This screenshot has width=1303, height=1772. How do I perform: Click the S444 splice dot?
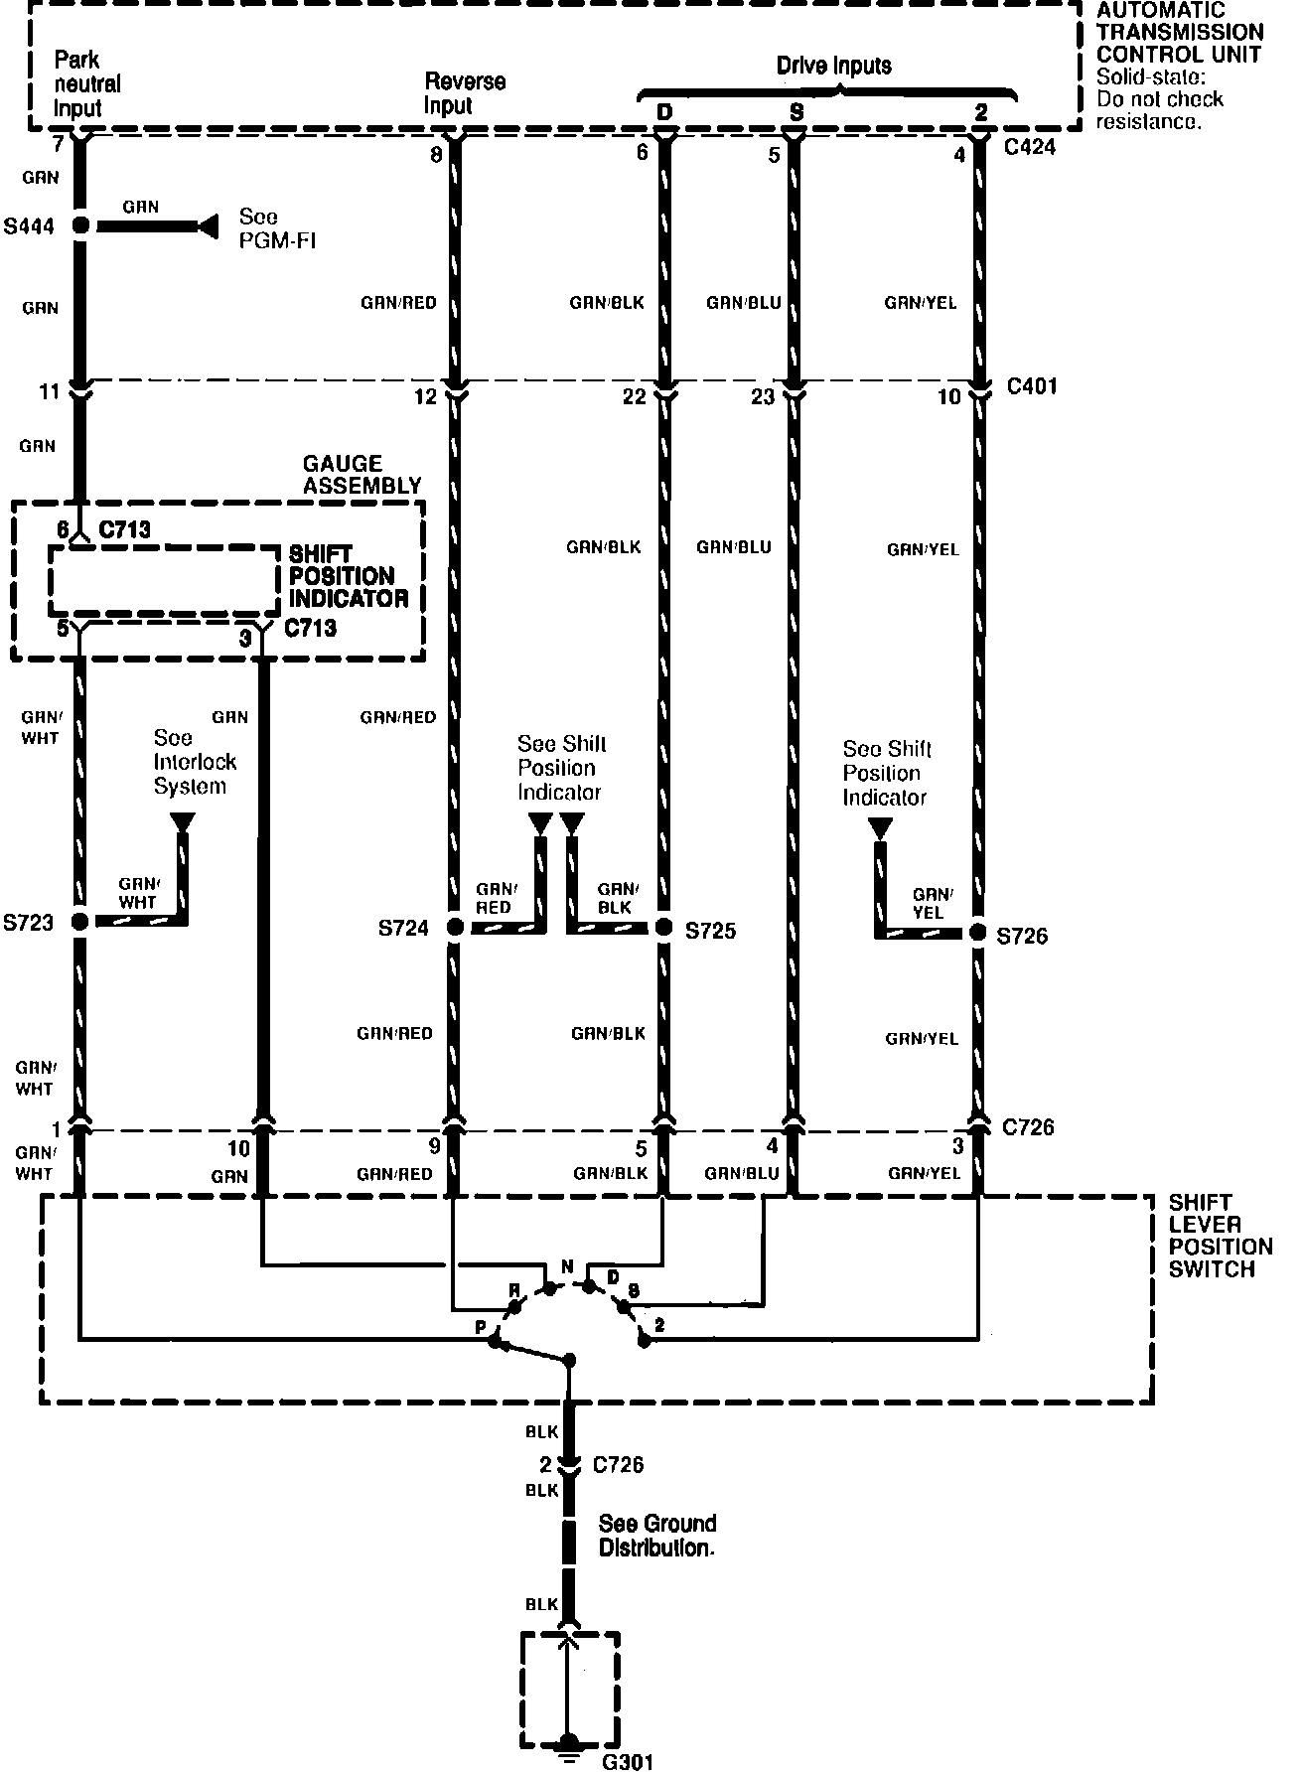click(x=81, y=226)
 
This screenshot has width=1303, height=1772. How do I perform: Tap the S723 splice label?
click(x=28, y=923)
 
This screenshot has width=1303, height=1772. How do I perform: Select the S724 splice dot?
click(x=454, y=928)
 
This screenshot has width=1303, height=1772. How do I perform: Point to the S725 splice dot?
click(x=663, y=928)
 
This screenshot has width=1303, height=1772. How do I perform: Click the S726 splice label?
click(x=1022, y=936)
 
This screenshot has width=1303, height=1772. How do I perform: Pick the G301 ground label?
click(x=629, y=1760)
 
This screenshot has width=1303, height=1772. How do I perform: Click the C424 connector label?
click(x=1030, y=148)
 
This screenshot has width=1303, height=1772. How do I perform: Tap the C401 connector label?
click(x=1032, y=386)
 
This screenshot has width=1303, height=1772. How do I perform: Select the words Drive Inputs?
click(x=833, y=67)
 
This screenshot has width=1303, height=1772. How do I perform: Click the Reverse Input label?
click(x=465, y=93)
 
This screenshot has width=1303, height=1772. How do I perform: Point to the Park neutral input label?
click(x=87, y=84)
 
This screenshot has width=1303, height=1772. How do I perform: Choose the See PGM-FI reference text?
click(x=277, y=228)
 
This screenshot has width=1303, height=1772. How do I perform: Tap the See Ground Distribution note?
click(x=656, y=1536)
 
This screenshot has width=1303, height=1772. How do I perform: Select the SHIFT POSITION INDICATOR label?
click(x=349, y=576)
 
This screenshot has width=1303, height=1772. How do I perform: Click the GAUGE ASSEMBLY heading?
click(x=362, y=475)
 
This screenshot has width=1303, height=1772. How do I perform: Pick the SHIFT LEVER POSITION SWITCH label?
click(x=1220, y=1236)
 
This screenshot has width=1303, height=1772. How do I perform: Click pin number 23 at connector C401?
click(x=763, y=397)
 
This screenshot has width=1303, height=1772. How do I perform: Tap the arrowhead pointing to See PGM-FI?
click(x=207, y=226)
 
